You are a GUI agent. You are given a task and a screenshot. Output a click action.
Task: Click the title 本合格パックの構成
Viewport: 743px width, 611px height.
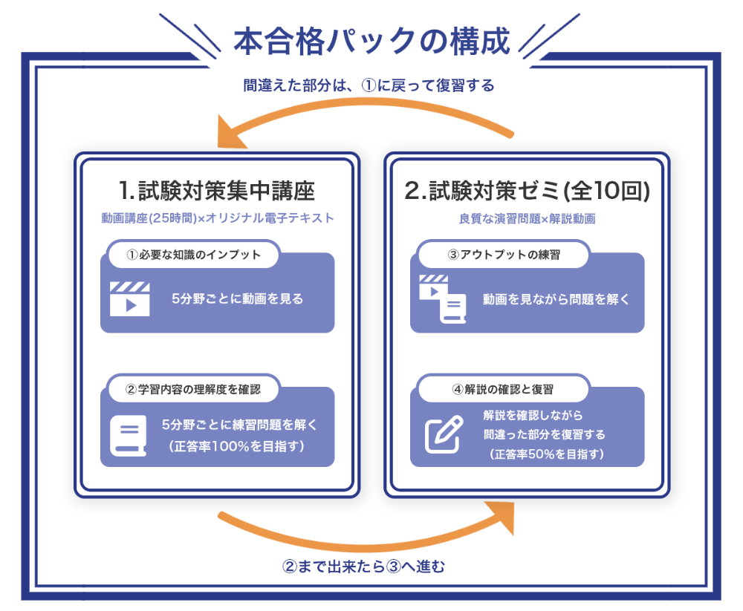[371, 42]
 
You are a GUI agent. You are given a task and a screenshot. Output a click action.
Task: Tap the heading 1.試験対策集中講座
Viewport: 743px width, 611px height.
[217, 191]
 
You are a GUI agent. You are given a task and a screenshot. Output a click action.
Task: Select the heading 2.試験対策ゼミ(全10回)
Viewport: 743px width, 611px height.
[528, 191]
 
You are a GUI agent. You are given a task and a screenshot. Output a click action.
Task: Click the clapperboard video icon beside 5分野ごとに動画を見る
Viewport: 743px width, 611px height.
[130, 299]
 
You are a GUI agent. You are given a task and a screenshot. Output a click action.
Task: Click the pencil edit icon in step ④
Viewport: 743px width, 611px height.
[444, 435]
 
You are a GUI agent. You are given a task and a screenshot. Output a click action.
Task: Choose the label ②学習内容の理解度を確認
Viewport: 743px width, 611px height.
[193, 388]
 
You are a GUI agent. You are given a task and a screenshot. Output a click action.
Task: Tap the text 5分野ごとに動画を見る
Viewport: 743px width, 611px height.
[237, 299]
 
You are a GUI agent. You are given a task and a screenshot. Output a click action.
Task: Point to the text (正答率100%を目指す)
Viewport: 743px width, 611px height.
[239, 446]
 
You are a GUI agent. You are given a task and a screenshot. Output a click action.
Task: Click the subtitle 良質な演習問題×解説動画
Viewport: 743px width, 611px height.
[528, 219]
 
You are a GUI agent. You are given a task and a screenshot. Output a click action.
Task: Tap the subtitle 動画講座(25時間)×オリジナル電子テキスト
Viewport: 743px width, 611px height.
[217, 219]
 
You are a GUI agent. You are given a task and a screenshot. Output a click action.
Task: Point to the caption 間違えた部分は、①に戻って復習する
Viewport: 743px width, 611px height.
[369, 85]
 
